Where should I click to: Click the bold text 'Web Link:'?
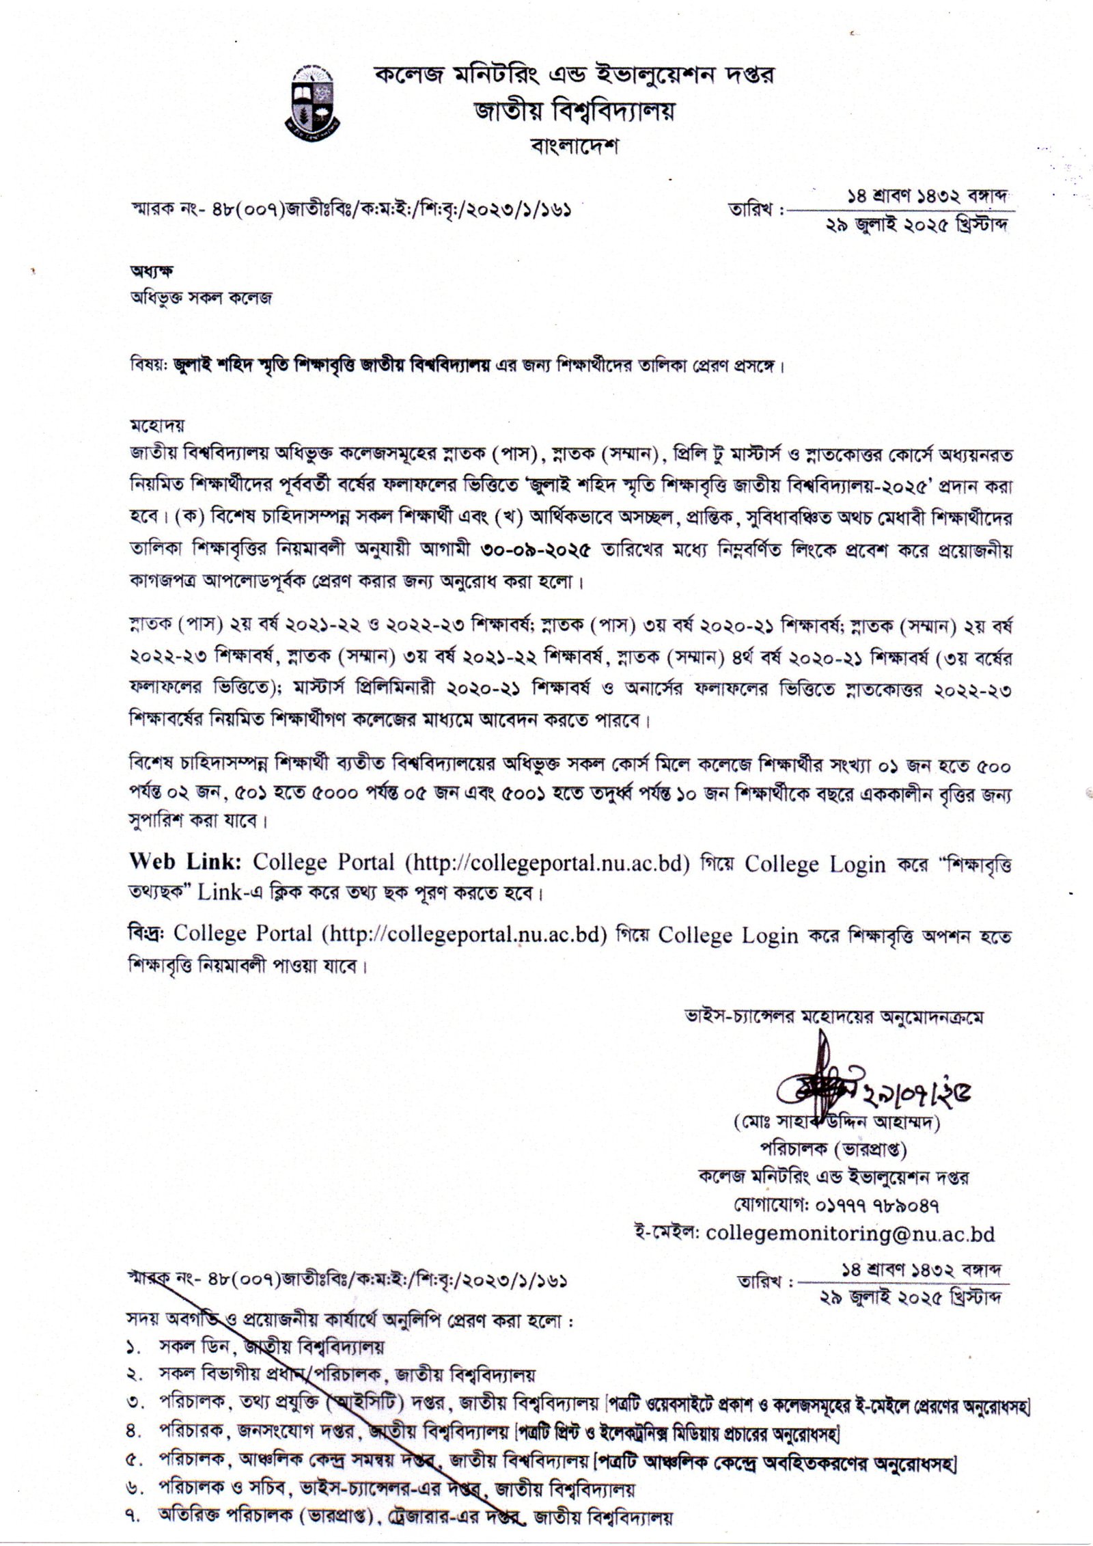point(186,863)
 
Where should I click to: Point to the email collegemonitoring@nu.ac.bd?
point(850,1232)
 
